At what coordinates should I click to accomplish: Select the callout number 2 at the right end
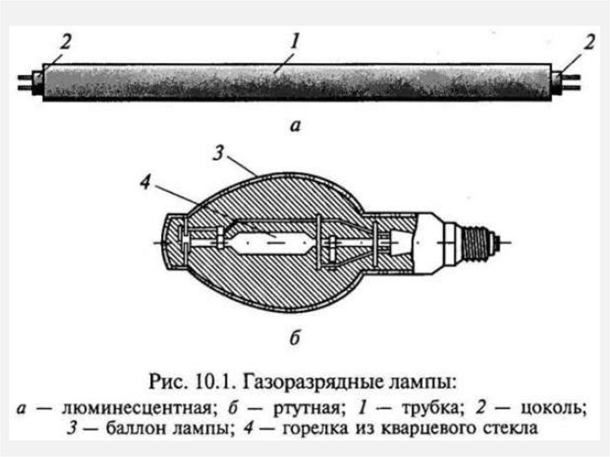(x=589, y=43)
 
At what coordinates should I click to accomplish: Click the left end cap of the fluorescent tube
(x=38, y=83)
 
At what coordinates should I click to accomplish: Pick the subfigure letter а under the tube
(x=296, y=126)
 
